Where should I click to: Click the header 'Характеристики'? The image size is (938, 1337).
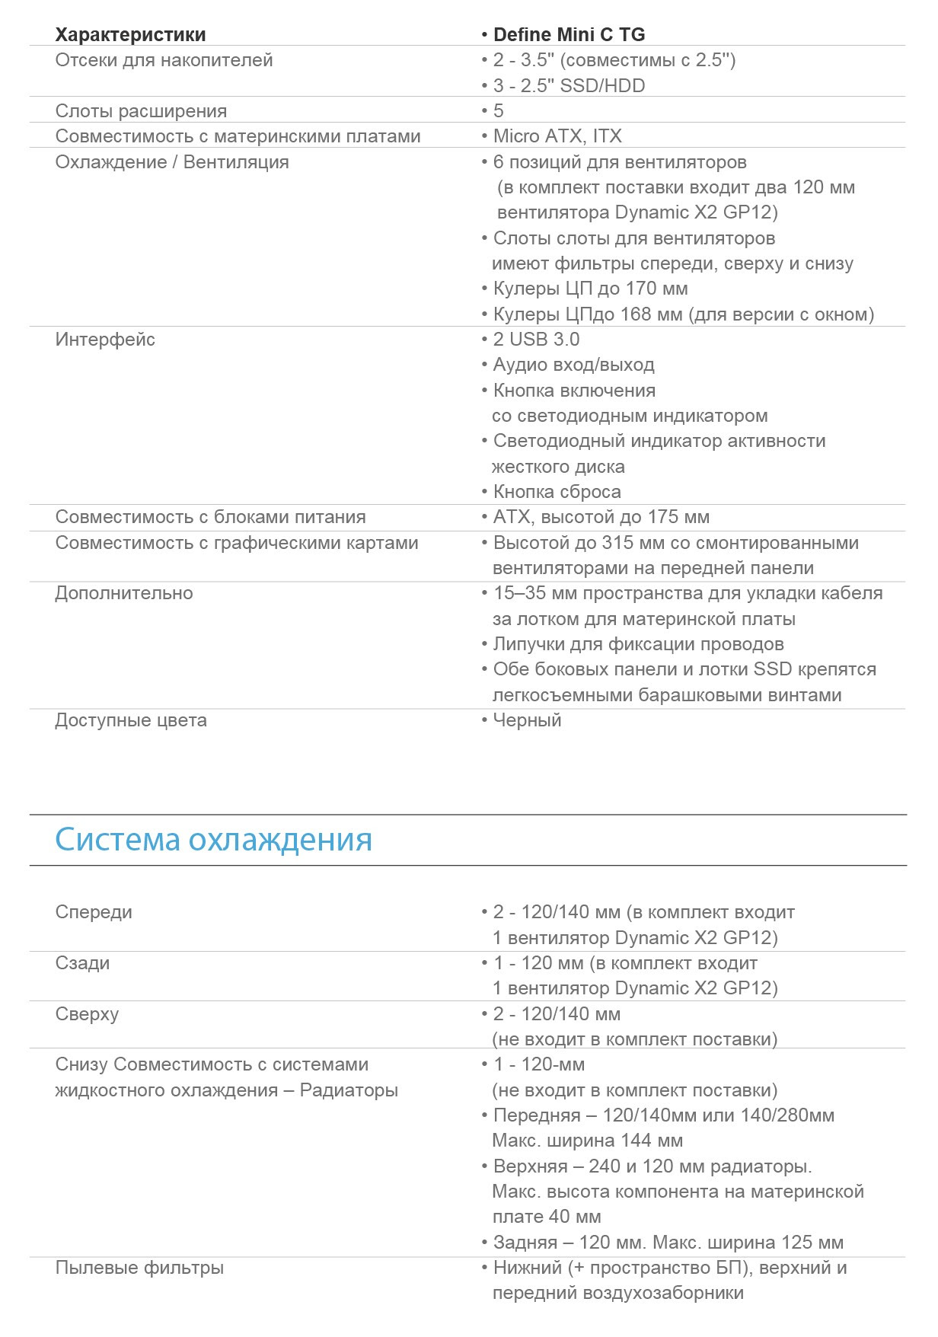130,35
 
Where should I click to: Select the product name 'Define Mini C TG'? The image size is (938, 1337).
569,35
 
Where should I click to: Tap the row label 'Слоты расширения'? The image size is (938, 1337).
141,111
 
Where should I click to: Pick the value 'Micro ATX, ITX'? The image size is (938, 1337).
557,136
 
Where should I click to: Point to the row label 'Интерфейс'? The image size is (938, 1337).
105,340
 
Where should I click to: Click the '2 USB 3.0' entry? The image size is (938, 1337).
536,340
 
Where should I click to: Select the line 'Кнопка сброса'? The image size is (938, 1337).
557,492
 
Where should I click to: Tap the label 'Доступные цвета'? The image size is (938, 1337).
131,720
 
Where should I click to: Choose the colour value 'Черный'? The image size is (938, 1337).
527,720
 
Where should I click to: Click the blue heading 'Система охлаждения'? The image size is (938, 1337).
213,840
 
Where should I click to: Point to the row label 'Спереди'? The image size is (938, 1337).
94,912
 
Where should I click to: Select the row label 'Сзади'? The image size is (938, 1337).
82,963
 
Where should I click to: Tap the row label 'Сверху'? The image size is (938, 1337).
87,1014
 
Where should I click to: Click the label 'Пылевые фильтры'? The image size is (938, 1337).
139,1268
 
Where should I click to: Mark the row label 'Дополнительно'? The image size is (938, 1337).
124,593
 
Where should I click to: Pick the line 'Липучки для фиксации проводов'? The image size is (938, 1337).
638,644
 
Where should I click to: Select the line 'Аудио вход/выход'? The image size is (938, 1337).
573,365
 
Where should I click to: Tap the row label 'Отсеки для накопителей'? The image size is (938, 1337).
164,60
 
